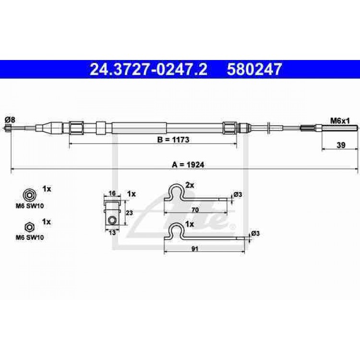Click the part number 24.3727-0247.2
tap(148, 69)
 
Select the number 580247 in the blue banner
tap(254, 69)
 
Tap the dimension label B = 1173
tap(173, 139)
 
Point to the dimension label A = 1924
tap(188, 165)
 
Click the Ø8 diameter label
tap(10, 120)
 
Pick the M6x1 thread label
tap(340, 120)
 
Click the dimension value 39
tap(341, 145)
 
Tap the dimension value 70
tap(195, 210)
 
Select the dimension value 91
tap(195, 249)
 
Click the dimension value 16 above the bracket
tap(112, 193)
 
